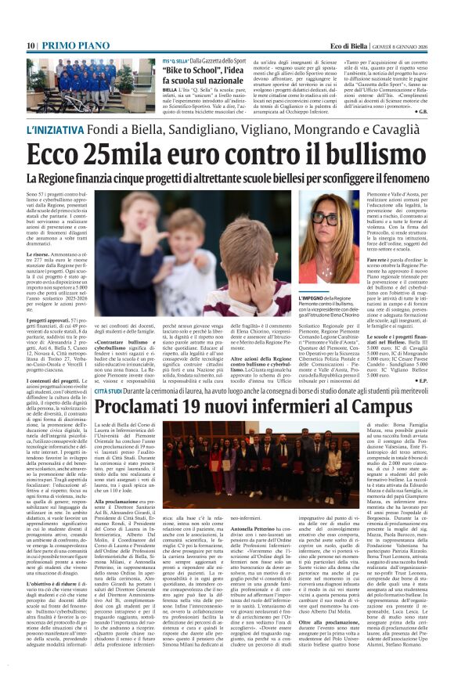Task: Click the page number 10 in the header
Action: [x=31, y=46]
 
